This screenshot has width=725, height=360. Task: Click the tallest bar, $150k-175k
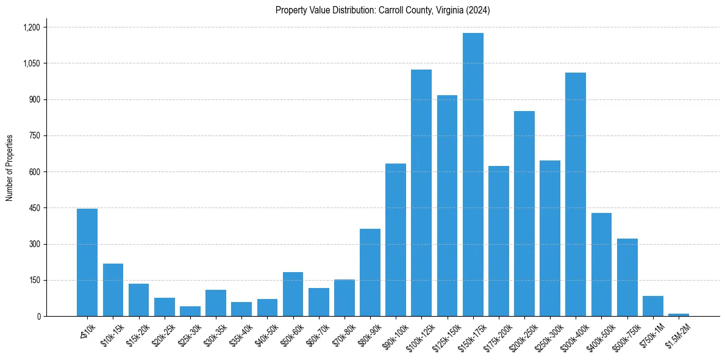point(473,175)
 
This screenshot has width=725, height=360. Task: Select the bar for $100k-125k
point(421,193)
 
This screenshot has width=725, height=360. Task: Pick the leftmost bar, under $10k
point(87,262)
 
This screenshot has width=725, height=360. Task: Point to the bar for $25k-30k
point(190,311)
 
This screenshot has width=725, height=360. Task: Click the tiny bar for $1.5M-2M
point(679,315)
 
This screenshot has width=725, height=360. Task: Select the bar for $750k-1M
point(653,306)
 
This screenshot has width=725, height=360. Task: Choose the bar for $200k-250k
point(524,214)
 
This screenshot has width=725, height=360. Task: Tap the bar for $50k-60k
point(293,294)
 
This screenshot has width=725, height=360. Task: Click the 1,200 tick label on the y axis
point(31,27)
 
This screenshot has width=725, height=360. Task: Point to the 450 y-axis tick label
point(34,208)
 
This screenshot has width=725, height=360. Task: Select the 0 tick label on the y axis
point(38,317)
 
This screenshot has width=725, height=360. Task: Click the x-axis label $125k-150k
point(443,334)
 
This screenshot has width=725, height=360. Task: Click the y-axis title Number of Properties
point(9,168)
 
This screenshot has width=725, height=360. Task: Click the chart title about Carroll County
point(382,10)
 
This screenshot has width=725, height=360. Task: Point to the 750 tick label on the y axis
point(34,136)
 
